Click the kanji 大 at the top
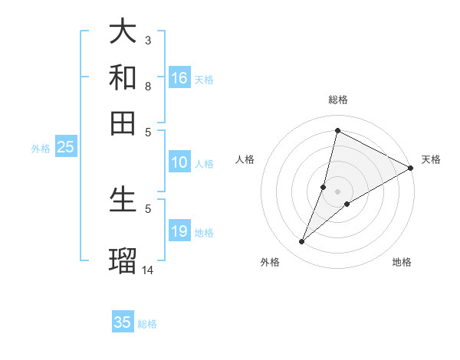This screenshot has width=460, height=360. click(123, 31)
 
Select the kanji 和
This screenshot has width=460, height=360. click(123, 77)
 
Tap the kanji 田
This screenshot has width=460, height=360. click(123, 123)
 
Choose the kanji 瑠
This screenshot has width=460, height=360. click(123, 259)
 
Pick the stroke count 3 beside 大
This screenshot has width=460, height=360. click(148, 40)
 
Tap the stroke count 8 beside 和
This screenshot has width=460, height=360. click(148, 86)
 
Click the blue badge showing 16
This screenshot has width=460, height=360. click(179, 78)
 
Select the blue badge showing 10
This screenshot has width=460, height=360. click(179, 162)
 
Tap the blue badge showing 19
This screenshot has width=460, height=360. click(179, 231)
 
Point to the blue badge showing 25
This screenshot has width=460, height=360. click(66, 148)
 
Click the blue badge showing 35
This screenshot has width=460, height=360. click(123, 322)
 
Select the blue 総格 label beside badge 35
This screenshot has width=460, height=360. click(147, 324)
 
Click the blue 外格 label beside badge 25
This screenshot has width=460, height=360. click(41, 149)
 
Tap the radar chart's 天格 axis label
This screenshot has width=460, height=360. click(431, 159)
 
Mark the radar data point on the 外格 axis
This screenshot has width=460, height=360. click(302, 242)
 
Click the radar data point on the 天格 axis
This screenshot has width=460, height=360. click(410, 169)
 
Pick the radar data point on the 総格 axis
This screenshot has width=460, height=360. click(337, 130)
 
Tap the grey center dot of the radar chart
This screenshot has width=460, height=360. click(337, 191)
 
